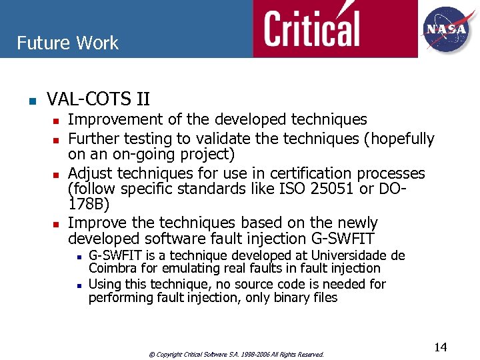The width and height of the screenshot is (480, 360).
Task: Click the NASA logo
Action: coord(446,29)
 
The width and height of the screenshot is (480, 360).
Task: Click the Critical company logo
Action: coord(311,29)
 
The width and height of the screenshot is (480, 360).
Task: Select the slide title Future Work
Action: coord(67,43)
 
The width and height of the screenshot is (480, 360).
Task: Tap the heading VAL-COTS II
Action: coord(98,100)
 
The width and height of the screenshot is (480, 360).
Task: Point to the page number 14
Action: coord(440,347)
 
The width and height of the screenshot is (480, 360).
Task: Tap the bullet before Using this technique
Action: coord(78,285)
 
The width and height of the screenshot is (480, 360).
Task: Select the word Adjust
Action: coord(89,173)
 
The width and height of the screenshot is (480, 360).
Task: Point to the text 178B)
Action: coord(89,205)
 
